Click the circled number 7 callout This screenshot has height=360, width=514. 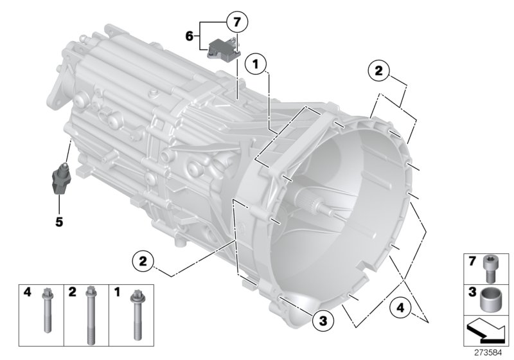(x=236, y=23)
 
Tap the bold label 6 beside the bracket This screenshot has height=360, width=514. (x=190, y=37)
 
